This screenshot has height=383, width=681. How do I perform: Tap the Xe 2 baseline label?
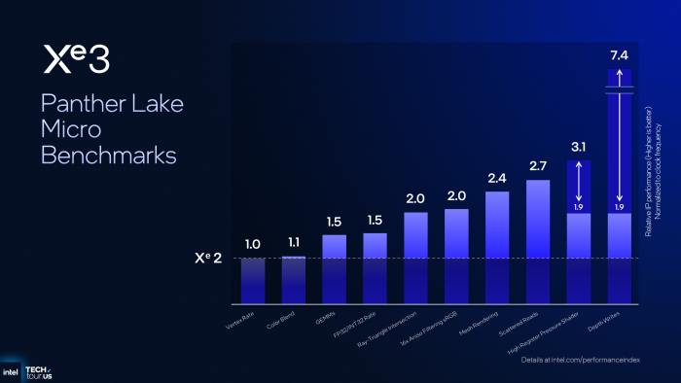[213, 260]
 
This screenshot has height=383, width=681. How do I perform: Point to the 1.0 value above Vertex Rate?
[252, 244]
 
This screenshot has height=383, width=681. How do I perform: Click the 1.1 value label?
[293, 242]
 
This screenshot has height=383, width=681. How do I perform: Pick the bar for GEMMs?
[334, 267]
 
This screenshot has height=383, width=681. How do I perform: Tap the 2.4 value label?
[497, 178]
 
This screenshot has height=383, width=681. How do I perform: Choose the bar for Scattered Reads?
[538, 240]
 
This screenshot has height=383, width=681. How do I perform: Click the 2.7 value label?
[538, 166]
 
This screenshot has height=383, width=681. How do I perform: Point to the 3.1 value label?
[578, 147]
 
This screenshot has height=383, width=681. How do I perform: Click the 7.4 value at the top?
[619, 56]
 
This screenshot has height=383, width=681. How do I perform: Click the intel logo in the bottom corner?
[11, 371]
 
